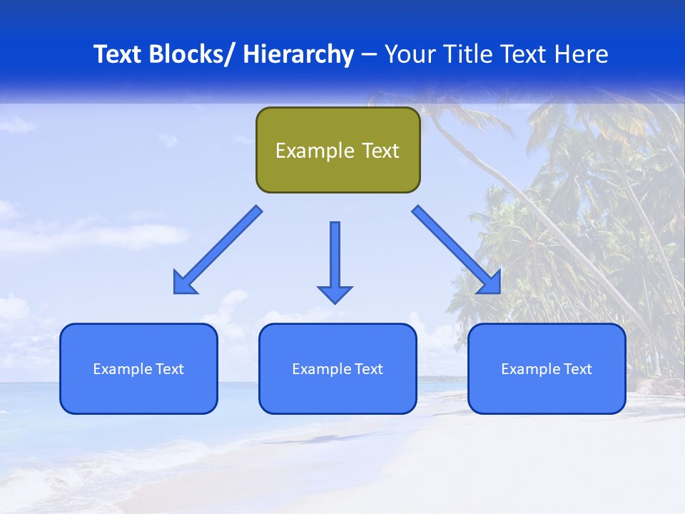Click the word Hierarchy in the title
pos(298,54)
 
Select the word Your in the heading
pos(410,54)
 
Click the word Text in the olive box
pos(380,151)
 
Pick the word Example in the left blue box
pos(122,369)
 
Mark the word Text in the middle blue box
pos(368,369)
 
